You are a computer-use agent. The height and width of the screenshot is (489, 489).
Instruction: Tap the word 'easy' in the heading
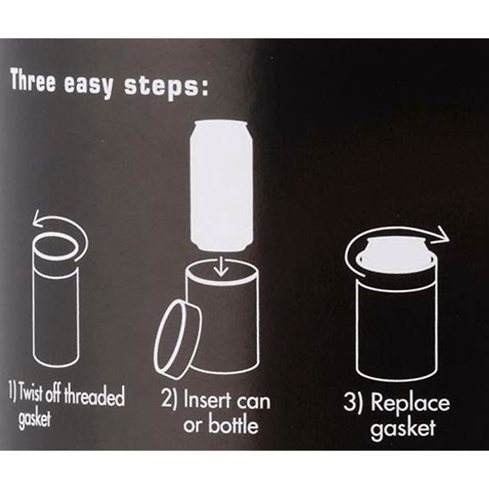point(88,85)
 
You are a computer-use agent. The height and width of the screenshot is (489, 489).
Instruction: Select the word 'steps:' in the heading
point(166,86)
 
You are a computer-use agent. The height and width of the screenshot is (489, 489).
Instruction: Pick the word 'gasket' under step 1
point(35,419)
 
